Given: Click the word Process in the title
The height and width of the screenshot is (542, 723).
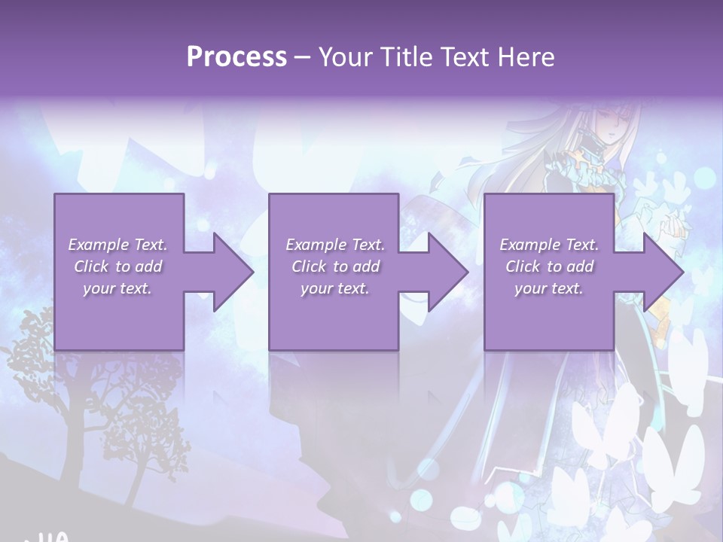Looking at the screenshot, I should point(236,57).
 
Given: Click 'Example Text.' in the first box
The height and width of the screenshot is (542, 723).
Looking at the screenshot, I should point(117,245).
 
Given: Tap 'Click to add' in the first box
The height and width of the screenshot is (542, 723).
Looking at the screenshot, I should point(117,266).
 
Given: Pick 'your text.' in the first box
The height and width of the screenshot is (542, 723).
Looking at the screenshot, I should point(117,288).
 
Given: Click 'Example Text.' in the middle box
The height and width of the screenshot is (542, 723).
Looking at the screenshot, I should point(334,245).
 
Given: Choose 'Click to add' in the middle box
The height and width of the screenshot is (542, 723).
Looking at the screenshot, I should point(334,266).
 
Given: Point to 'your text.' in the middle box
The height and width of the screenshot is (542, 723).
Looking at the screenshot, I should point(334,288).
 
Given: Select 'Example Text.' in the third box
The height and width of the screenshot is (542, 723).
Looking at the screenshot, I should point(549,245).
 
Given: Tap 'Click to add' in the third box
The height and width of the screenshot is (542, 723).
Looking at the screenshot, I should point(549,266).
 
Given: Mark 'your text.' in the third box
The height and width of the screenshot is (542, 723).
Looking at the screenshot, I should point(549,288).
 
